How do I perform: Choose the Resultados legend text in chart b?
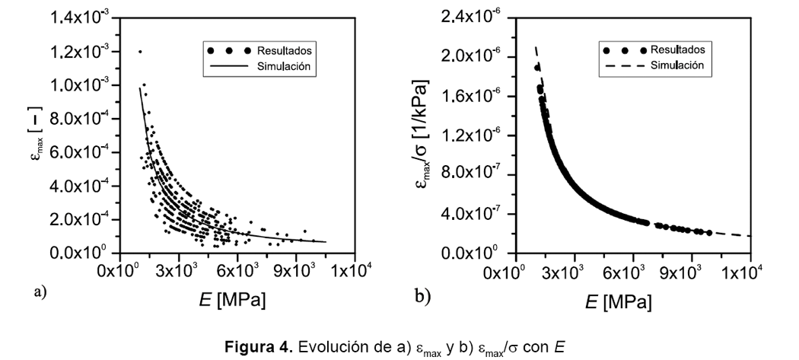677,49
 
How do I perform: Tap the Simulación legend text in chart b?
676,65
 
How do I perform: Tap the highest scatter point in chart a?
139,52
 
